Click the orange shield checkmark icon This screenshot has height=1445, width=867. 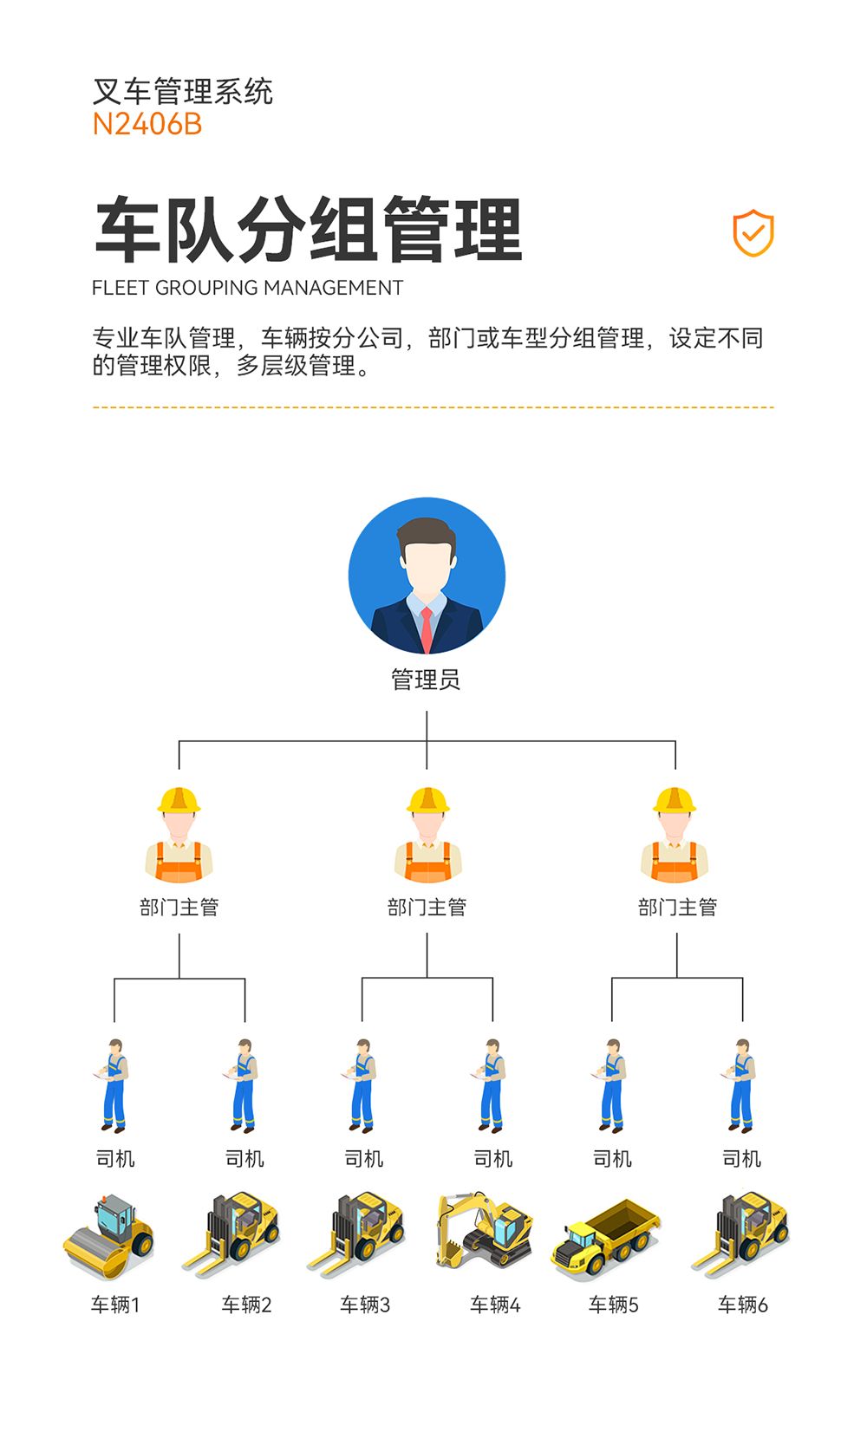753,233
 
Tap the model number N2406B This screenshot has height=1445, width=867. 147,125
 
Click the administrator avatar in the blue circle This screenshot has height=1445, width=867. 427,576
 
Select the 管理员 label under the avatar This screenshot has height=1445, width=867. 426,680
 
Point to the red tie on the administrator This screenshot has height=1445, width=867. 427,629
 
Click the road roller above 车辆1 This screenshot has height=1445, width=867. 109,1237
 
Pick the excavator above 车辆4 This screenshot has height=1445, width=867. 484,1231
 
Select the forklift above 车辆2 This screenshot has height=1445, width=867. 232,1234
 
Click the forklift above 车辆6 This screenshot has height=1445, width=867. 741,1234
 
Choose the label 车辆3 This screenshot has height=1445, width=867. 365,1305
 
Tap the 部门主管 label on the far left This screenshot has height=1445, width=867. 179,908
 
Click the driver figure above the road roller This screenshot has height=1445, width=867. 114,1086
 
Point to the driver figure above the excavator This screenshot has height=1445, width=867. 492,1086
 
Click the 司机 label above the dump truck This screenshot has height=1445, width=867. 612,1159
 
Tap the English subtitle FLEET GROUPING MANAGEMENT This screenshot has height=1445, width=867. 248,288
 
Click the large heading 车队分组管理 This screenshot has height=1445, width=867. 309,231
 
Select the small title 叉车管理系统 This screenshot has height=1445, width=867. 183,91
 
